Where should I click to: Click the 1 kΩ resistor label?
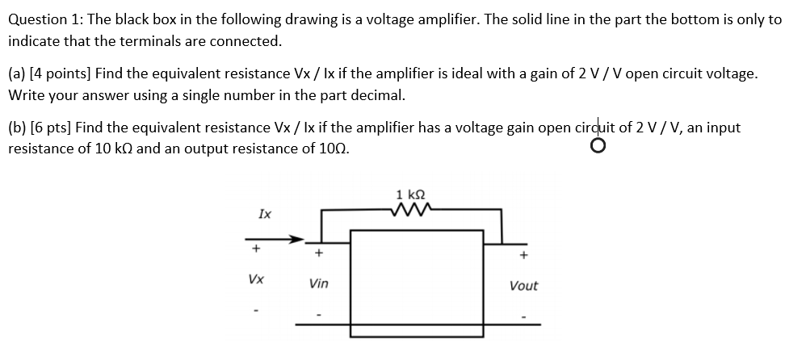[412, 195]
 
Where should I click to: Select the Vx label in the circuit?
[255, 279]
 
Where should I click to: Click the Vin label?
[318, 283]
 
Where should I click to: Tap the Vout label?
[523, 286]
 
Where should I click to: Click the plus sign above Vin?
[318, 253]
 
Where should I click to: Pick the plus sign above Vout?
[523, 256]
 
